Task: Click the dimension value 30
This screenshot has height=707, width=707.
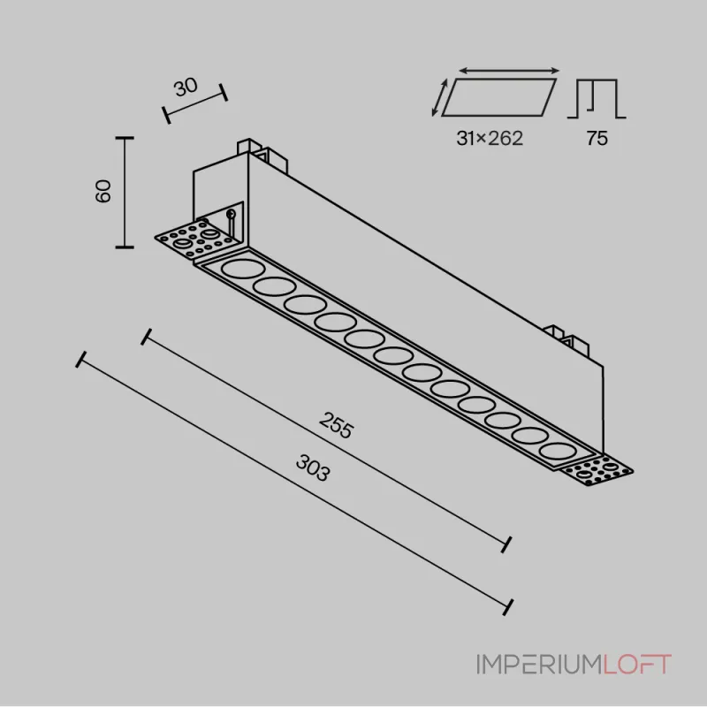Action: coord(186,87)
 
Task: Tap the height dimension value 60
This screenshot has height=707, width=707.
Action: coord(103,191)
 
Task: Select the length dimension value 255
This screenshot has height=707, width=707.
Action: coord(336,425)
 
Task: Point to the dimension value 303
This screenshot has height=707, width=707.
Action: coord(313,468)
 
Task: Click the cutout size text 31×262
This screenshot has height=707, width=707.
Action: coord(490,138)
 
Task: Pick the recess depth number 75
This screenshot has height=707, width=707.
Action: coord(597,138)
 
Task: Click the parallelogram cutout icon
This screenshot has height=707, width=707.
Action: coord(498,97)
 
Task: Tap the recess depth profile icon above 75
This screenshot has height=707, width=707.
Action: coord(597,98)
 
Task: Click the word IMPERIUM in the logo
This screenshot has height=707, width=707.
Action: coord(540,665)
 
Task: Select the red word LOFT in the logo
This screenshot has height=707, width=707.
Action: coord(637,665)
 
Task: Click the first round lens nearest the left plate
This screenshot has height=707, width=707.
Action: coord(243,270)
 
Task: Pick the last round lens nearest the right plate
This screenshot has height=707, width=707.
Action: coord(558,452)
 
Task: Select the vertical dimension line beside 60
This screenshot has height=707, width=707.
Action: coord(125,193)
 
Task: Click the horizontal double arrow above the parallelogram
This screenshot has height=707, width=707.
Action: coord(509,71)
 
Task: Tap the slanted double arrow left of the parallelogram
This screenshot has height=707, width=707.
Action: coord(439,97)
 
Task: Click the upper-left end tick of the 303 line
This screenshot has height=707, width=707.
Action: coord(81,360)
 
